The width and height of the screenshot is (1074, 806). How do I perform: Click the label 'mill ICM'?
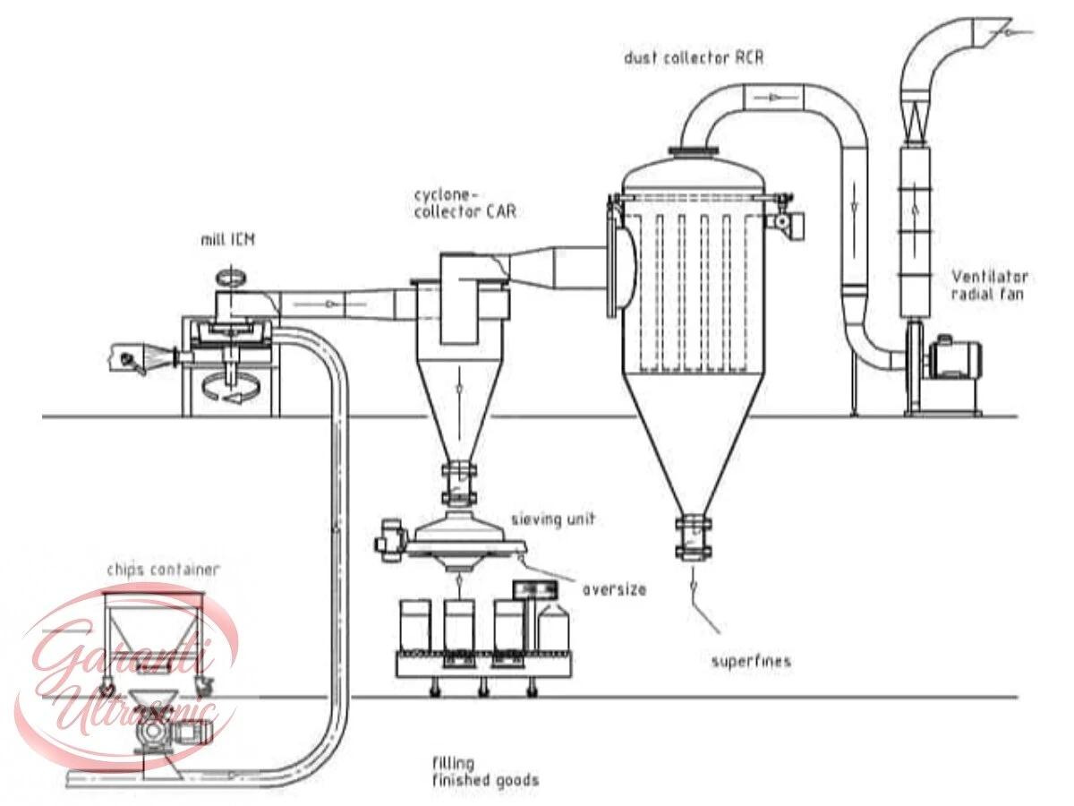228,240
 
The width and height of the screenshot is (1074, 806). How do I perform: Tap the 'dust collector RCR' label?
694,57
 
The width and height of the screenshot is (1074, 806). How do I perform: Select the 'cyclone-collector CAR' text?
465,203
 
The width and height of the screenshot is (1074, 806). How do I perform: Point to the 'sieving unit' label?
553,519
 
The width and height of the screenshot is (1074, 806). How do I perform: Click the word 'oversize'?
614,589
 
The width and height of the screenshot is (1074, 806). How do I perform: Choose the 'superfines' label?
751,662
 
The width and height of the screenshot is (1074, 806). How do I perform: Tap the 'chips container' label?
164,570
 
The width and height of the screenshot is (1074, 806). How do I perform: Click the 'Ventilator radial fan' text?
989,286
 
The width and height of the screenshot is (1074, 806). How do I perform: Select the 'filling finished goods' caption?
485,770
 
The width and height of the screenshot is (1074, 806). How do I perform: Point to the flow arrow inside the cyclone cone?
458,388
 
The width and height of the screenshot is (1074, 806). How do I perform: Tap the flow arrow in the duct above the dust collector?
773,98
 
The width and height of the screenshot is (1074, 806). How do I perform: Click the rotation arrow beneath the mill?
230,388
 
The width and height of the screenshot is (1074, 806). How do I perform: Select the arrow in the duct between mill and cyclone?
328,304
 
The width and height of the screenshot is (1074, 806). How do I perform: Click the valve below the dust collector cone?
694,537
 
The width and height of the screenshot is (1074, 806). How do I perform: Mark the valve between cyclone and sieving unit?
459,483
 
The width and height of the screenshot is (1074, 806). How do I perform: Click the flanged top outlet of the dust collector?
694,151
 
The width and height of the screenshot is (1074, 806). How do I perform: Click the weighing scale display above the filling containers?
535,590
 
